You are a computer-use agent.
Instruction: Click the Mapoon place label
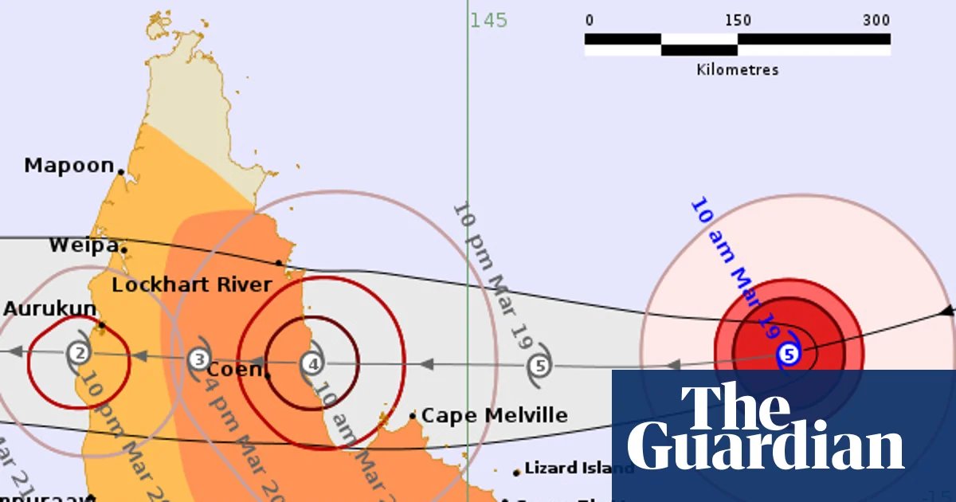click(x=69, y=166)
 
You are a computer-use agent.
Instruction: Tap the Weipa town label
click(x=84, y=245)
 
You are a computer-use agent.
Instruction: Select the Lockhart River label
click(x=191, y=284)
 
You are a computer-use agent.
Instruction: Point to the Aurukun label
click(x=49, y=309)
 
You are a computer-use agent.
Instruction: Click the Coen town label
click(x=233, y=370)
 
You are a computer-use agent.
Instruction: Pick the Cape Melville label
click(x=494, y=415)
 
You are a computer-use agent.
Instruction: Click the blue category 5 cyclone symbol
click(x=788, y=355)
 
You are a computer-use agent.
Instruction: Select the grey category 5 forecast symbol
click(x=540, y=367)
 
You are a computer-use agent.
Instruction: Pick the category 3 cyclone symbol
click(x=199, y=359)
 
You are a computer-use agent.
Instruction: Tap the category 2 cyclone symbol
click(x=78, y=352)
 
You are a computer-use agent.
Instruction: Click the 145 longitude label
click(x=488, y=20)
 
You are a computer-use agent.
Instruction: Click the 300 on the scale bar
click(x=876, y=21)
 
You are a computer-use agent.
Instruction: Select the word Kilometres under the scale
click(x=737, y=69)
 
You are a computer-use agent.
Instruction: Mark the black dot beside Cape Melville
click(x=413, y=415)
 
